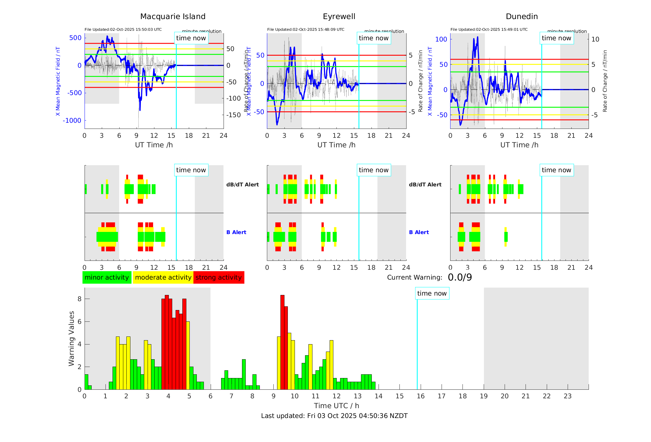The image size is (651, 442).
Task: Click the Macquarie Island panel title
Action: [x=173, y=17]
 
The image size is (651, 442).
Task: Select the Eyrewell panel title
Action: [x=339, y=17]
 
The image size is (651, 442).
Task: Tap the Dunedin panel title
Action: [x=522, y=17]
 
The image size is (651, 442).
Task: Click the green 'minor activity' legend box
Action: [x=107, y=277]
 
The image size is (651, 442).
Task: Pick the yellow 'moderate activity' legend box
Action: [x=163, y=277]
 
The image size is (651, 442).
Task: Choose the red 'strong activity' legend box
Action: [x=219, y=277]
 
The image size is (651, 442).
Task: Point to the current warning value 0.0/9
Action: [x=460, y=277]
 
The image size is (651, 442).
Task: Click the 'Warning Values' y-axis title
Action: [x=71, y=338]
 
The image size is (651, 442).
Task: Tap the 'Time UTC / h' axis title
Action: [x=336, y=406]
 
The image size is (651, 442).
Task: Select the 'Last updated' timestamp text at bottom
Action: [x=334, y=416]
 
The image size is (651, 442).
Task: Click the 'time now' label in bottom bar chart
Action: [x=432, y=293]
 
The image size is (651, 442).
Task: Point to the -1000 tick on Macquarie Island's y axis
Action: [x=72, y=121]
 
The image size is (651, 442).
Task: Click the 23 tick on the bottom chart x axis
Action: [x=567, y=396]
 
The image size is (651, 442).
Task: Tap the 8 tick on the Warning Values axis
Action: [x=79, y=299]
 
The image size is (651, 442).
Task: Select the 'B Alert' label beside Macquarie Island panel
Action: [x=236, y=232]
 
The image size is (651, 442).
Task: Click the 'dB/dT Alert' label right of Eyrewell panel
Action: [x=425, y=185]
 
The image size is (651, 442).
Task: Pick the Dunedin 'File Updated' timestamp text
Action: [x=489, y=30]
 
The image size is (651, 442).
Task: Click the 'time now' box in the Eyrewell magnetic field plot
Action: [x=373, y=38]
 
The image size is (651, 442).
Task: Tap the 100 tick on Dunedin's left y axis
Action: [x=441, y=39]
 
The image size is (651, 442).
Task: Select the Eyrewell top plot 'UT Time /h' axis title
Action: [x=336, y=145]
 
